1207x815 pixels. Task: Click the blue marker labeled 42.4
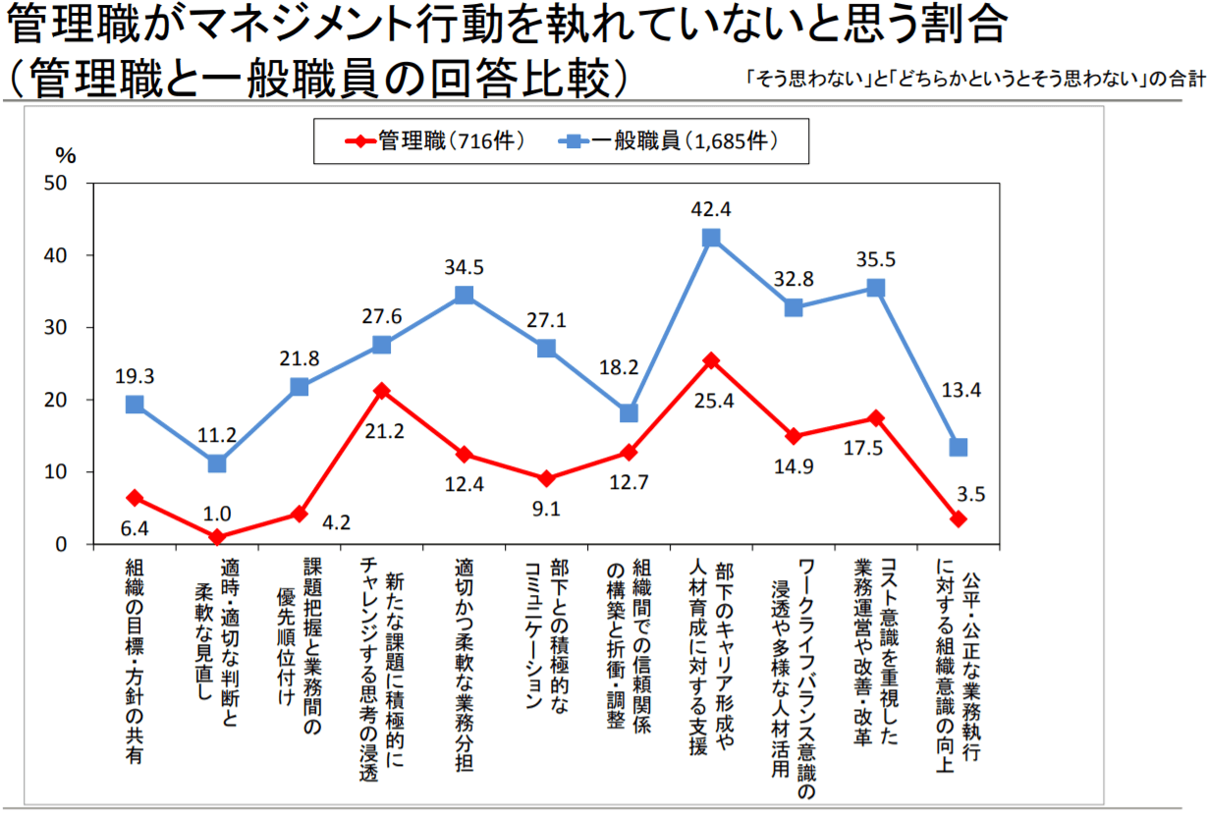coord(711,238)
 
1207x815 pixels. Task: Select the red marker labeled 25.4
coord(711,360)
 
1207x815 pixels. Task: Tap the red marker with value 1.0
coord(217,537)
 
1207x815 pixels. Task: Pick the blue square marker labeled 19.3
coord(135,405)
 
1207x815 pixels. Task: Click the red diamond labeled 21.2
coord(382,391)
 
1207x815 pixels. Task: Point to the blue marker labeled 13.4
coord(959,447)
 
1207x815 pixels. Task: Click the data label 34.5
coord(465,266)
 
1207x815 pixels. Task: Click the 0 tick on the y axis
coord(61,544)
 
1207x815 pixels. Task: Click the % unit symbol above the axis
coord(65,155)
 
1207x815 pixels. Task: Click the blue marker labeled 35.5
coord(876,288)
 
